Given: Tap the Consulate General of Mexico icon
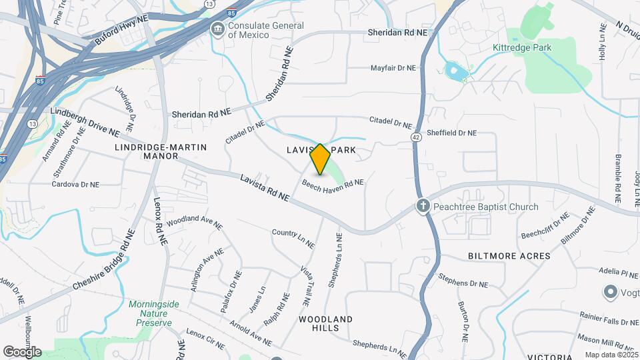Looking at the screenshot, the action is tap(217, 29).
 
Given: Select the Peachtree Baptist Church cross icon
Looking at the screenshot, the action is tap(423, 206).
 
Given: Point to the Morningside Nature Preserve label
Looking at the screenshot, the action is tap(153, 313).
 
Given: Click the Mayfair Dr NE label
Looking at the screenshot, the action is tap(393, 68).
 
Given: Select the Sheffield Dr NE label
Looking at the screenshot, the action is tap(451, 133).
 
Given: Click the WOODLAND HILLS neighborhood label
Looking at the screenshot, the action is tap(325, 324).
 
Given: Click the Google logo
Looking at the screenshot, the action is tap(22, 351).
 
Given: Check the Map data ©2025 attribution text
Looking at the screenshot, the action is tap(610, 355).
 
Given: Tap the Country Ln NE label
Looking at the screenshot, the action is tap(293, 236).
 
